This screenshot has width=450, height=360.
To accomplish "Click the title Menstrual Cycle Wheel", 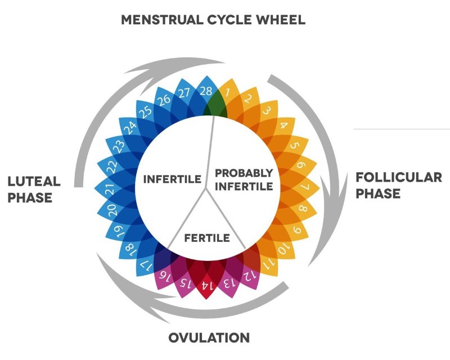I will [213, 20].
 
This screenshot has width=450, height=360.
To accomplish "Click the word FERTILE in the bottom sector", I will [207, 238].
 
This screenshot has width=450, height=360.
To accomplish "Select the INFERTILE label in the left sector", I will [172, 179].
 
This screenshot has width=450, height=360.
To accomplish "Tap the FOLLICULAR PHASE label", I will [398, 186].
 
